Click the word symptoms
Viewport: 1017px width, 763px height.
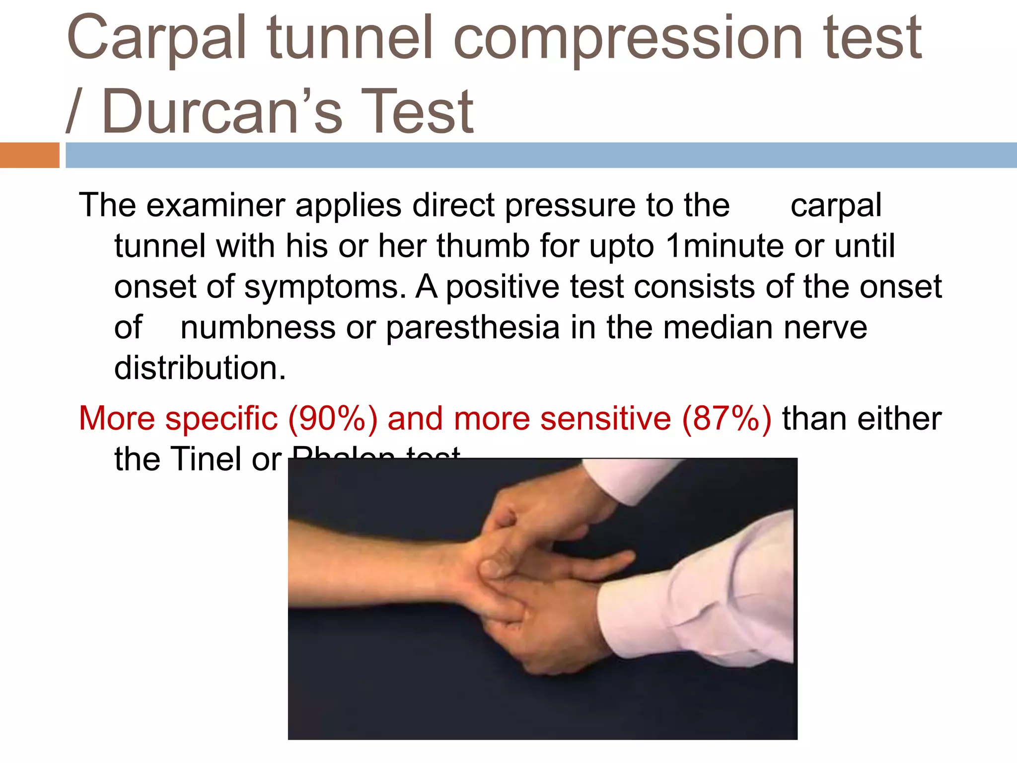325,287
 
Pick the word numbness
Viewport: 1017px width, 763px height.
258,327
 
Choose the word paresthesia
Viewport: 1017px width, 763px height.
472,327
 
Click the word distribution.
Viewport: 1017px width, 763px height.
200,368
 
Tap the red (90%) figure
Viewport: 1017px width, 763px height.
332,418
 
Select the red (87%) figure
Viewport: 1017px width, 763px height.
726,418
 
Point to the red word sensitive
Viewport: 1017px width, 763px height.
605,418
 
